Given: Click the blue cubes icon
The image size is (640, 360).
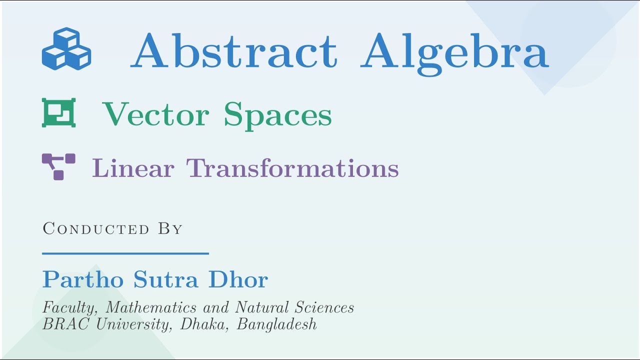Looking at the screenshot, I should tap(66, 49).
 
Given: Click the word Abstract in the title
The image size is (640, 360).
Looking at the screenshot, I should tap(234, 51).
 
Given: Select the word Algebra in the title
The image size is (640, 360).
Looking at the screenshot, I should tap(454, 52).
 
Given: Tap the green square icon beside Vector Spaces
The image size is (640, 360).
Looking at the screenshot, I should tap(59, 112).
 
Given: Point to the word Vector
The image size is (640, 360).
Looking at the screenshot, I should tap(156, 114).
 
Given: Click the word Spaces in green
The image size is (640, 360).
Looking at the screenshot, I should tap(277, 115).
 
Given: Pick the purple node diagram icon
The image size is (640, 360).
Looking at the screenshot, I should tap(58, 166).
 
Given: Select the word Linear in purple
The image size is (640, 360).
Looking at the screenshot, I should tap(133, 168).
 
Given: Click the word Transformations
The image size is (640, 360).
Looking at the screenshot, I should tap(292, 168).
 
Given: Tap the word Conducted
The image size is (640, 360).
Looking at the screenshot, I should tap(96, 229).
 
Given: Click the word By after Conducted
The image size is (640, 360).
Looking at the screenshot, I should tap(170, 229).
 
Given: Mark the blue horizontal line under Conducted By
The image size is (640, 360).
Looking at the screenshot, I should tap(125, 253).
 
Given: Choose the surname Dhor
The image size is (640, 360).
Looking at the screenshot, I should tap(238, 279).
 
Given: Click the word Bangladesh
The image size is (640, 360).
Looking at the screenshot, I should tap(277, 324).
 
